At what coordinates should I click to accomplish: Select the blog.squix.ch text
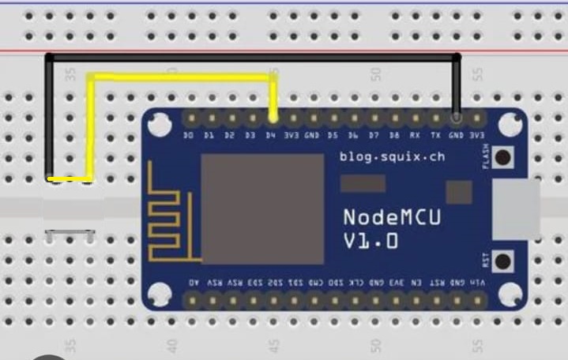(x=392, y=156)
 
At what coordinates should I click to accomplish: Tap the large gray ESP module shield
(x=262, y=208)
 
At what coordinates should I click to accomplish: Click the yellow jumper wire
(x=182, y=77)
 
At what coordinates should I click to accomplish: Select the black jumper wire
(x=253, y=57)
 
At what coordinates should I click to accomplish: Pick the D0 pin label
(x=189, y=136)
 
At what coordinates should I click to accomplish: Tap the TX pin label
(x=435, y=136)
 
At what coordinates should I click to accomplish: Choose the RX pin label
(x=415, y=136)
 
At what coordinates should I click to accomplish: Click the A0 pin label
(x=193, y=282)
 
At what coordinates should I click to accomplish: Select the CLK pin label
(x=357, y=282)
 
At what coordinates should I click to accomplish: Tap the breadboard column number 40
(x=171, y=345)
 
